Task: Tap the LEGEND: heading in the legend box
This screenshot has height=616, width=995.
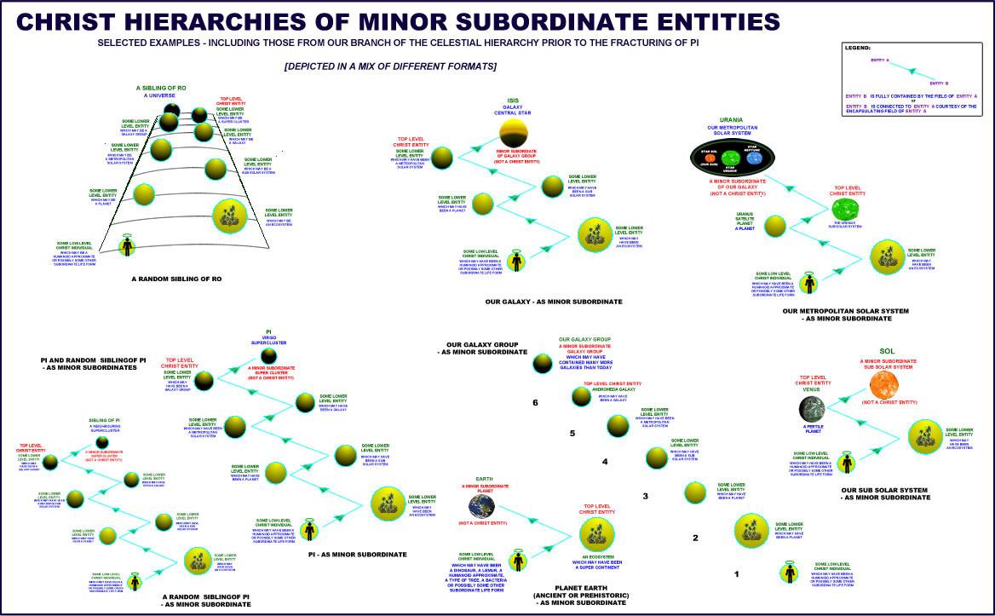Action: tap(857, 48)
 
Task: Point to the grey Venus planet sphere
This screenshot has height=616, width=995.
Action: tap(812, 410)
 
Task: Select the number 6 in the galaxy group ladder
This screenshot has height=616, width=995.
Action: tap(535, 403)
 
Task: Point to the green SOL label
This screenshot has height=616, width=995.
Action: tap(887, 352)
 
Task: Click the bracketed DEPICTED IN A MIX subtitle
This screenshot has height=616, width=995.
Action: tap(391, 66)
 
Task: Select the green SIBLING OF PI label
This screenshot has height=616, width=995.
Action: tap(105, 421)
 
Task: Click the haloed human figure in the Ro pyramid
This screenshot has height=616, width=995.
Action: tap(126, 246)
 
